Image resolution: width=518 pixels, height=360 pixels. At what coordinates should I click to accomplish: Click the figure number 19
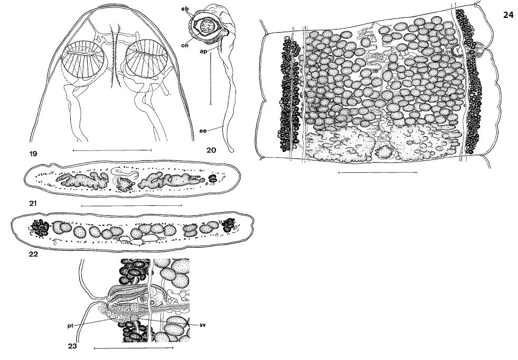[34, 154]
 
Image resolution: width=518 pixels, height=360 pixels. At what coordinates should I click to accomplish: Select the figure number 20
[211, 150]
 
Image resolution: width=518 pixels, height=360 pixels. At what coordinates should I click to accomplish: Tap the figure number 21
[33, 203]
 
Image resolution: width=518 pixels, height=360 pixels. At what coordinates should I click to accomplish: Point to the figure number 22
[33, 254]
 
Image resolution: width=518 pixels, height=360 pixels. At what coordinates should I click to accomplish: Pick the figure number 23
[72, 346]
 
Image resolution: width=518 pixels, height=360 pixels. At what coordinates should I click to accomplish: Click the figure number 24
[508, 15]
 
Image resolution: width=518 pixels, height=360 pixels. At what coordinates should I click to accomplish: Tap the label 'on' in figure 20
[185, 45]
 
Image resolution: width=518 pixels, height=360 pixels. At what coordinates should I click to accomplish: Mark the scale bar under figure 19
[112, 150]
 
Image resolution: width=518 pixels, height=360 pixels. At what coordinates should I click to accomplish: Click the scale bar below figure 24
[378, 172]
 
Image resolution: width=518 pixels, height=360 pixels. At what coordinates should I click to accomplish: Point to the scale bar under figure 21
[131, 205]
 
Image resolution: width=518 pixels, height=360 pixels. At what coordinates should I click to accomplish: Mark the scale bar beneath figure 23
[134, 347]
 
